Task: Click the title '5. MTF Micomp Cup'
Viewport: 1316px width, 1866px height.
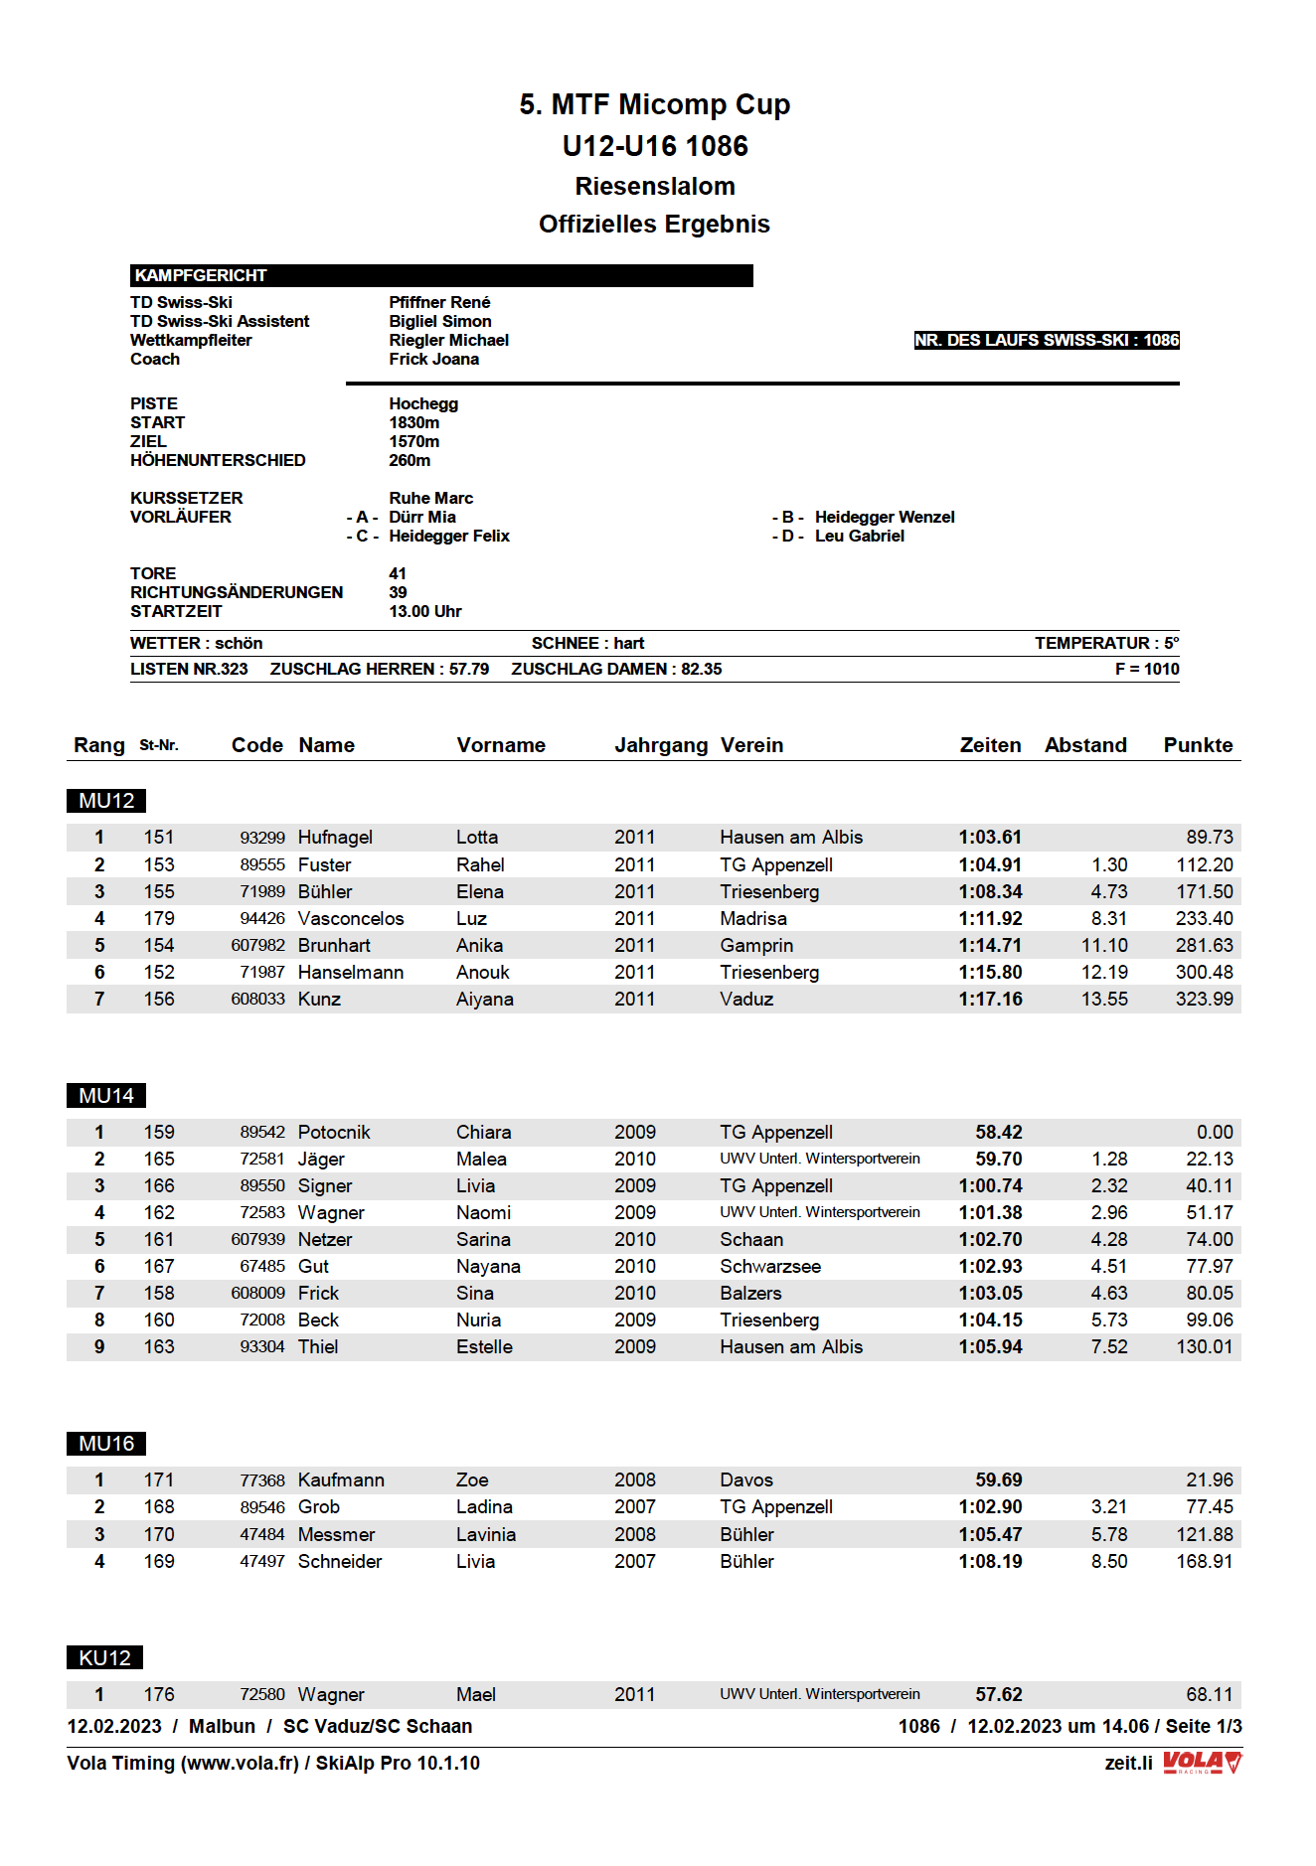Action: pos(654,104)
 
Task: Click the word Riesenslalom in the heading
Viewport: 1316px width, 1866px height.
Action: pos(654,186)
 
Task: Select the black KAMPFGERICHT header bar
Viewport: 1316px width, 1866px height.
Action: pos(440,275)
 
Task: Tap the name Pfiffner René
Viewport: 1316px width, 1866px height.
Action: pos(439,302)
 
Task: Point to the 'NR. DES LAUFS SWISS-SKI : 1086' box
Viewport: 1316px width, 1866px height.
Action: pos(1046,340)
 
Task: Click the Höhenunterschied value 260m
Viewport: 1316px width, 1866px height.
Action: pos(410,460)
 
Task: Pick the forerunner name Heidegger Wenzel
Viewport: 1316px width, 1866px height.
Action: pos(884,517)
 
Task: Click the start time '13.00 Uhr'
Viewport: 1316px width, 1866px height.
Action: pos(424,611)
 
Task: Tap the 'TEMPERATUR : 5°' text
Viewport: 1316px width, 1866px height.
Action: pos(1106,643)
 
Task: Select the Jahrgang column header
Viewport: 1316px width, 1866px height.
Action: pos(661,745)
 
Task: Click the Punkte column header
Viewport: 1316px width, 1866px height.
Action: pos(1198,745)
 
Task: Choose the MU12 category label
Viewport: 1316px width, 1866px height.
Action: pos(106,801)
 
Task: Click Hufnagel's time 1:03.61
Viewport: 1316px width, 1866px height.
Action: pos(990,838)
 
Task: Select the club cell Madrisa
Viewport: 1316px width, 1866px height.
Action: pos(752,919)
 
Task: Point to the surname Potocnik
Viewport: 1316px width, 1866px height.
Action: pos(334,1133)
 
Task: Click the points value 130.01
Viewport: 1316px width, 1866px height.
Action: pos(1204,1347)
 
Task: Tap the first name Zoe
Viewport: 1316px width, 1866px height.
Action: pos(472,1480)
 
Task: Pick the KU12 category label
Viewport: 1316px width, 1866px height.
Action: pos(104,1658)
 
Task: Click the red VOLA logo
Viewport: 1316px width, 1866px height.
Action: pos(1202,1763)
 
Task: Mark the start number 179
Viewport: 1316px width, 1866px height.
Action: pos(159,919)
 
